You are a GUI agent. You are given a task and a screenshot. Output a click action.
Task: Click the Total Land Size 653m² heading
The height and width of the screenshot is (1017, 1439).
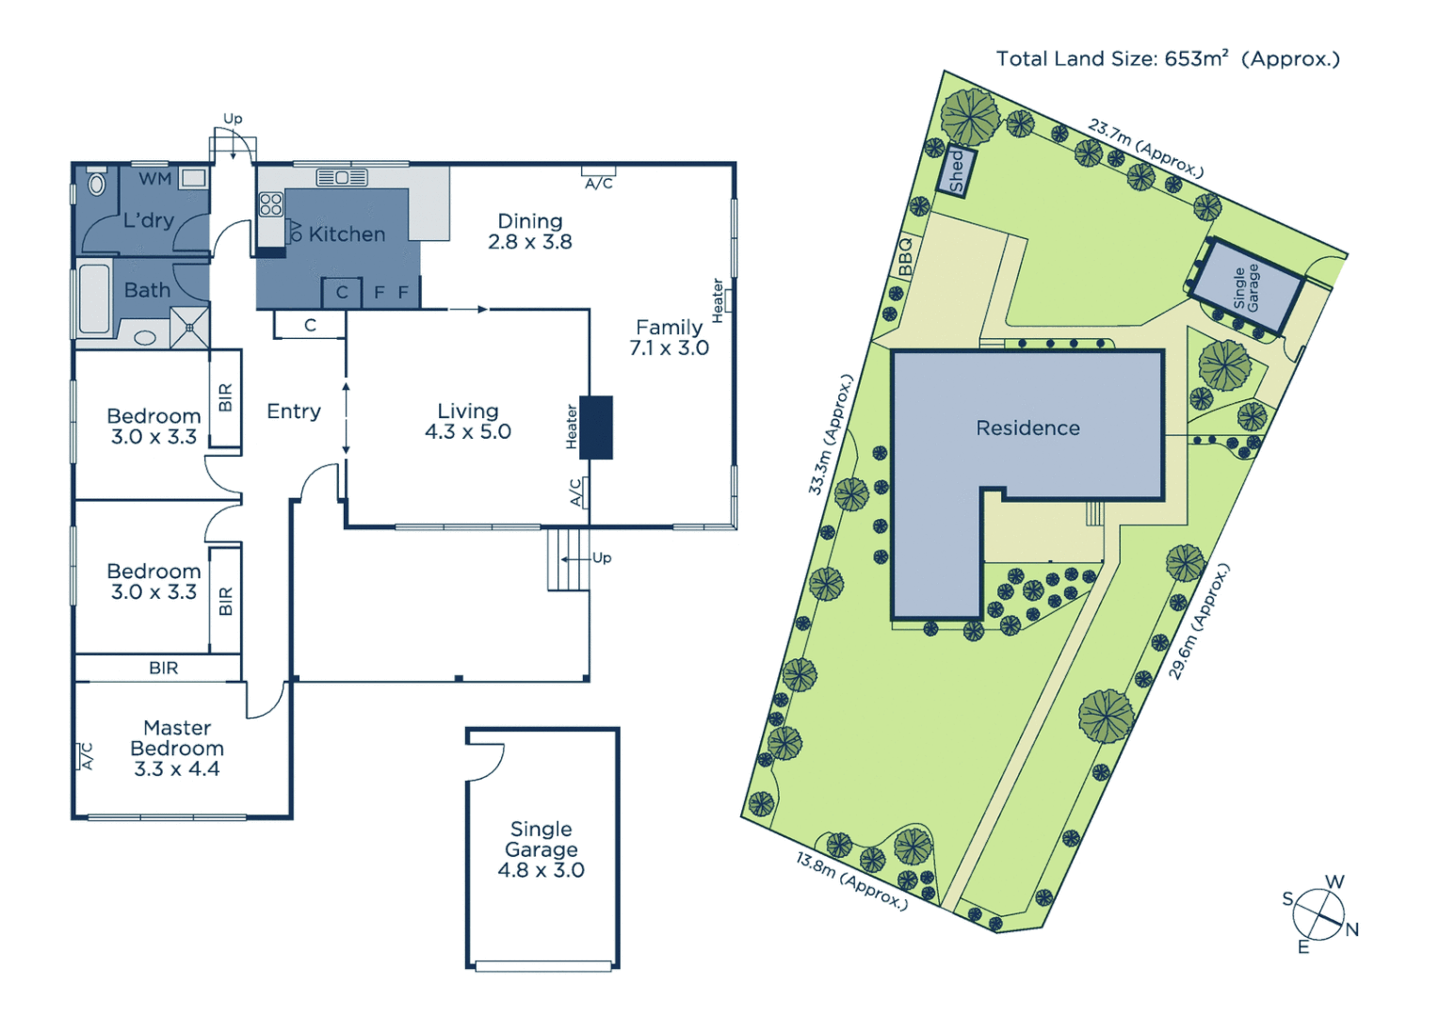point(1168,59)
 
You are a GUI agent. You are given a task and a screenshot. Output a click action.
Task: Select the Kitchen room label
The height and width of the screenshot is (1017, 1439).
point(347,234)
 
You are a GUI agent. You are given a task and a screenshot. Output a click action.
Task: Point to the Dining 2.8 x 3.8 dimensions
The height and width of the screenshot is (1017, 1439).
point(530,242)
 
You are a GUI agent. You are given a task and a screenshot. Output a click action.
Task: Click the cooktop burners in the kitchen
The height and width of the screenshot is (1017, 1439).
point(271,204)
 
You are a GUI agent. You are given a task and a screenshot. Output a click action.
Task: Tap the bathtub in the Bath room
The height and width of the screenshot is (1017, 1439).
point(94,299)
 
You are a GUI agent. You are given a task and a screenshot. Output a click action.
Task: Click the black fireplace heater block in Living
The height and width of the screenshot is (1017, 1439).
point(596,428)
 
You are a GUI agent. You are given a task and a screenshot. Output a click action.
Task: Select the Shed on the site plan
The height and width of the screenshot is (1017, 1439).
point(956,171)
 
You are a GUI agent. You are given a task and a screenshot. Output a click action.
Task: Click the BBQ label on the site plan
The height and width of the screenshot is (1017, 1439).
point(905,256)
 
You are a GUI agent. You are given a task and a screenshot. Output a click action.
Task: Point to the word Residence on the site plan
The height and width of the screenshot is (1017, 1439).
point(1027,428)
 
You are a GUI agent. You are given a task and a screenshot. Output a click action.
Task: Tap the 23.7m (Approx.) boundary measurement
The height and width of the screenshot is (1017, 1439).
point(1145,148)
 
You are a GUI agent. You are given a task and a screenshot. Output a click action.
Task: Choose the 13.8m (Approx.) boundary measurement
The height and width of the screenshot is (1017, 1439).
point(851,881)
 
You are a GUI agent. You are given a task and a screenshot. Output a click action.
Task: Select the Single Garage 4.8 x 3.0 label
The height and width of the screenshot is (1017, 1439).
point(542,849)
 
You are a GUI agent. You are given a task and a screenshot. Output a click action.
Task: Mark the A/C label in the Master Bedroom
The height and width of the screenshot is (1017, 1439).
point(87,756)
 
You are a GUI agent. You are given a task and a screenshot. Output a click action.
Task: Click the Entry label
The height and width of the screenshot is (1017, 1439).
point(294,412)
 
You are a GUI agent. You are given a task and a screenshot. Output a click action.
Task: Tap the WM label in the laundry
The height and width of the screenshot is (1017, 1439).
point(155,179)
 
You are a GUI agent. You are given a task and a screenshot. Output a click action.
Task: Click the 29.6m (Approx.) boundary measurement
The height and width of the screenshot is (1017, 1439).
point(1199,621)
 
